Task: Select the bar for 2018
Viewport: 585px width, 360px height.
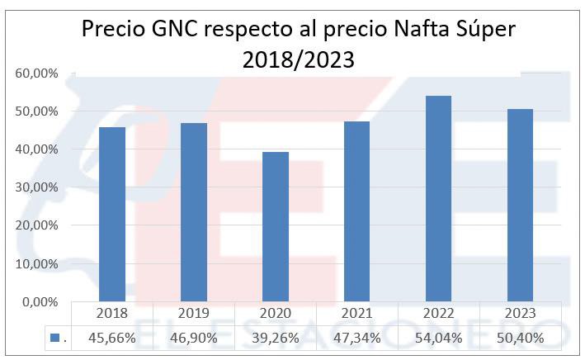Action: (113, 215)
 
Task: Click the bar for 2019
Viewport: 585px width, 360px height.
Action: (195, 212)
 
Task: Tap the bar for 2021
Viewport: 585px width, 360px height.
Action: (358, 211)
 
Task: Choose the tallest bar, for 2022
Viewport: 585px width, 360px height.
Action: (440, 199)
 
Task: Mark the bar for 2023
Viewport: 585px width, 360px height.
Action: (521, 206)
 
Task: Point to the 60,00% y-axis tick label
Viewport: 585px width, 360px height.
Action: (36, 73)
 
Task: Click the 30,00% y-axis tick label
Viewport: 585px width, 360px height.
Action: (36, 187)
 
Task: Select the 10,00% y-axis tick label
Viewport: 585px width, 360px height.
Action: (36, 264)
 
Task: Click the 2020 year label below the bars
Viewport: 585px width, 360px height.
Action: (276, 314)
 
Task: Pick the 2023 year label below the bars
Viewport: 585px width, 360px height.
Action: (521, 314)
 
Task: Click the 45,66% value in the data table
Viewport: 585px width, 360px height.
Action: (113, 338)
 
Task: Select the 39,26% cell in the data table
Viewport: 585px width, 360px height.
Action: (276, 338)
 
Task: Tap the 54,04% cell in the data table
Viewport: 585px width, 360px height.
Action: (440, 338)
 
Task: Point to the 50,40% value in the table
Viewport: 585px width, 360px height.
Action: (521, 338)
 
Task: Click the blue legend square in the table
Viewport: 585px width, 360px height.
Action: (54, 338)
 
